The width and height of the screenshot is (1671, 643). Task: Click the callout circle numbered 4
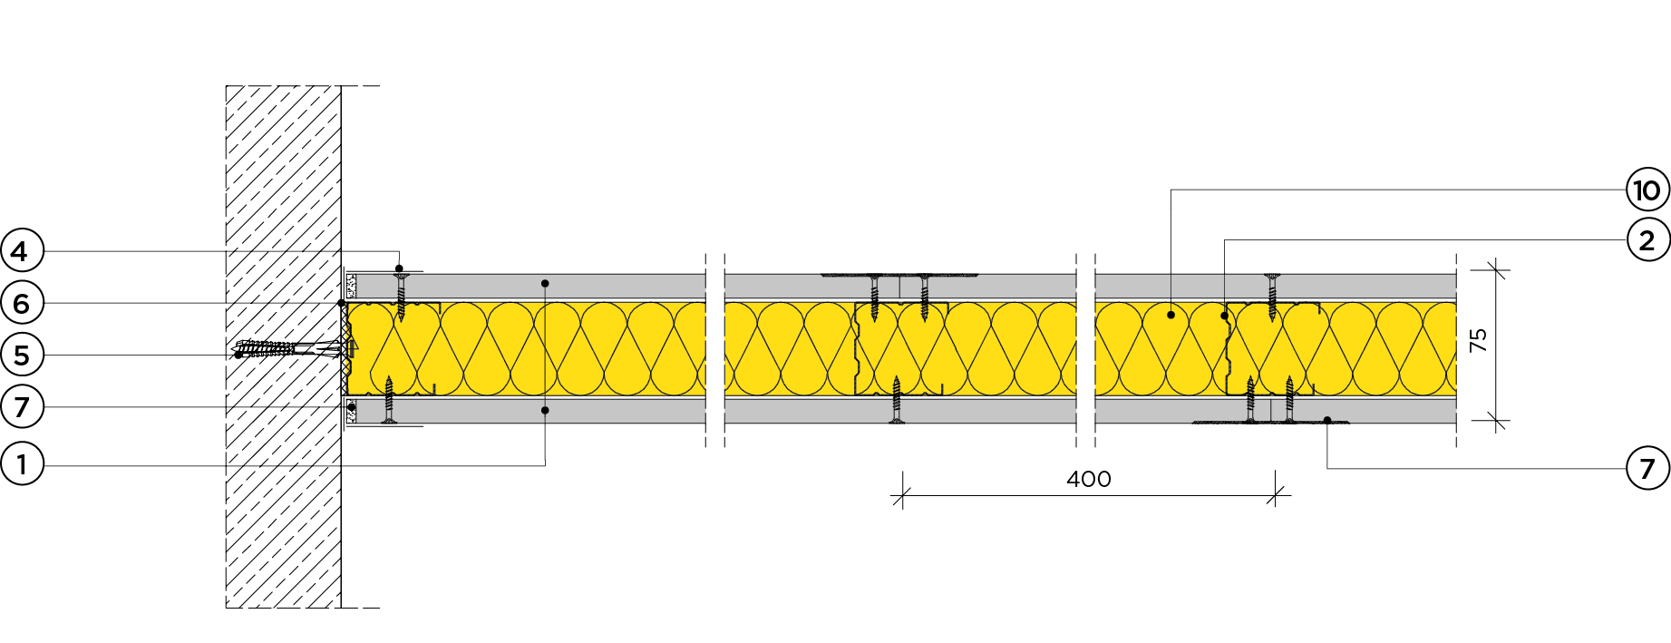[22, 251]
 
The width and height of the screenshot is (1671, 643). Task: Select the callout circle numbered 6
[22, 303]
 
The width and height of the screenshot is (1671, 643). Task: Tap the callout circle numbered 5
[22, 355]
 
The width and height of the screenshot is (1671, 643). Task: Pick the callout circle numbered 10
[1647, 190]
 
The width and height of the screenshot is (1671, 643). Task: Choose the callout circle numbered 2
[1647, 240]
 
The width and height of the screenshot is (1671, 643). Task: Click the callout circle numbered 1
[22, 465]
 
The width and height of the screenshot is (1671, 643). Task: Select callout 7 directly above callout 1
[22, 407]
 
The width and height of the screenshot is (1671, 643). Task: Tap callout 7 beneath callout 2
[1647, 468]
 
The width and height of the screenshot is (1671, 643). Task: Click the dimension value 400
[1088, 479]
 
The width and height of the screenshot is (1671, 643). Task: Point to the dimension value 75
[1479, 340]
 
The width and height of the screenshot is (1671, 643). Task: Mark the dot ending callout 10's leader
[1171, 315]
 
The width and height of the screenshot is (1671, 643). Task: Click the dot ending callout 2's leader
[1224, 316]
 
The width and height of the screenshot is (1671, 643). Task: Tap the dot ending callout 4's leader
[399, 268]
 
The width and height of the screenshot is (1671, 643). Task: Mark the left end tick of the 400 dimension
[902, 496]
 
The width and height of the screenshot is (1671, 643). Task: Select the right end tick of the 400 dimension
[1276, 496]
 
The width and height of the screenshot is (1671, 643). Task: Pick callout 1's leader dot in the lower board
[545, 411]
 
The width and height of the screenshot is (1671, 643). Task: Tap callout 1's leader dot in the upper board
[545, 284]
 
